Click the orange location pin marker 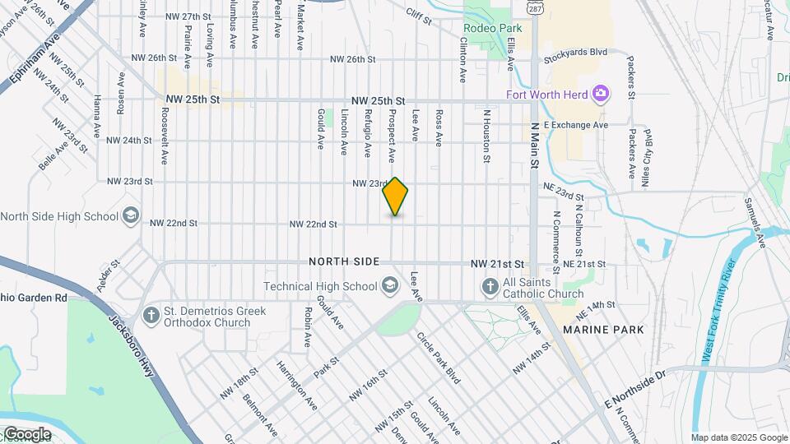(x=395, y=197)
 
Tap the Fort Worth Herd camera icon (x=601, y=94)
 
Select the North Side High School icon (x=130, y=216)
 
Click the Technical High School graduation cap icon (x=389, y=286)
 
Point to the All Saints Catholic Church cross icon (x=490, y=286)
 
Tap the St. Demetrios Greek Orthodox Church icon (x=151, y=315)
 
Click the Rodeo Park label (x=487, y=28)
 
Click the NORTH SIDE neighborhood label (x=345, y=261)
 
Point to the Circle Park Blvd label (x=437, y=357)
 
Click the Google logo (x=26, y=434)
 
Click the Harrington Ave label (x=298, y=386)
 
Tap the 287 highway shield (x=536, y=7)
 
